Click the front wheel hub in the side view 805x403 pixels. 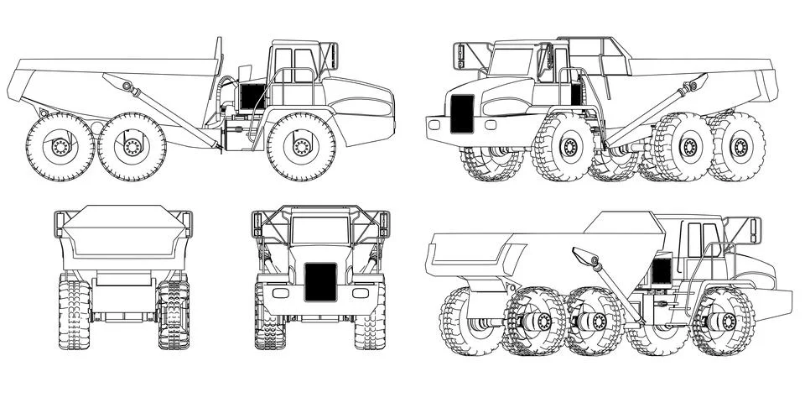click(x=301, y=146)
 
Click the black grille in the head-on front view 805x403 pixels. click(x=320, y=282)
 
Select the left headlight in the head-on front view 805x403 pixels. click(x=280, y=293)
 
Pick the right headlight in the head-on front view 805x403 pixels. click(x=361, y=293)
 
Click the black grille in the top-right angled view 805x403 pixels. click(x=462, y=113)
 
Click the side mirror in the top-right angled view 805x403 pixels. click(x=461, y=55)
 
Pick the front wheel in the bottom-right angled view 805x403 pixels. click(x=722, y=322)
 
